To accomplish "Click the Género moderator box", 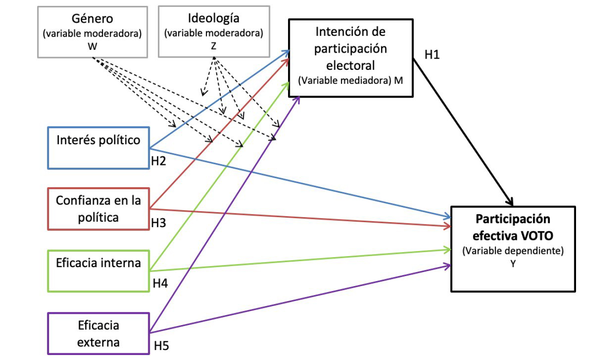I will tap(93, 32).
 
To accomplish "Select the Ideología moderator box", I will tap(214, 31).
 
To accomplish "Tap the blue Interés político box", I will tap(98, 148).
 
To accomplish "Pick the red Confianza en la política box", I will tap(98, 209).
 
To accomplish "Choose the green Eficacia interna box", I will tap(98, 270).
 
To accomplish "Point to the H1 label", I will tap(432, 55).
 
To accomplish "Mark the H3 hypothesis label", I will tap(159, 223).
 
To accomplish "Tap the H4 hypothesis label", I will tap(160, 283).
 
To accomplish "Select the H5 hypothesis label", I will tap(161, 345).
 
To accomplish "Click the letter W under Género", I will tap(93, 46).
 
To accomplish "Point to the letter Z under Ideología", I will tap(214, 46).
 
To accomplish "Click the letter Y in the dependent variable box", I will tap(513, 264).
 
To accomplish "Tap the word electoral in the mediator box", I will tap(350, 65).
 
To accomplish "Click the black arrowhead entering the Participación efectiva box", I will tap(511, 202).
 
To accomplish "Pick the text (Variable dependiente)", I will tap(513, 251).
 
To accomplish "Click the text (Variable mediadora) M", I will tap(350, 80).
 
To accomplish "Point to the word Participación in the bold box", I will tap(513, 219).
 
